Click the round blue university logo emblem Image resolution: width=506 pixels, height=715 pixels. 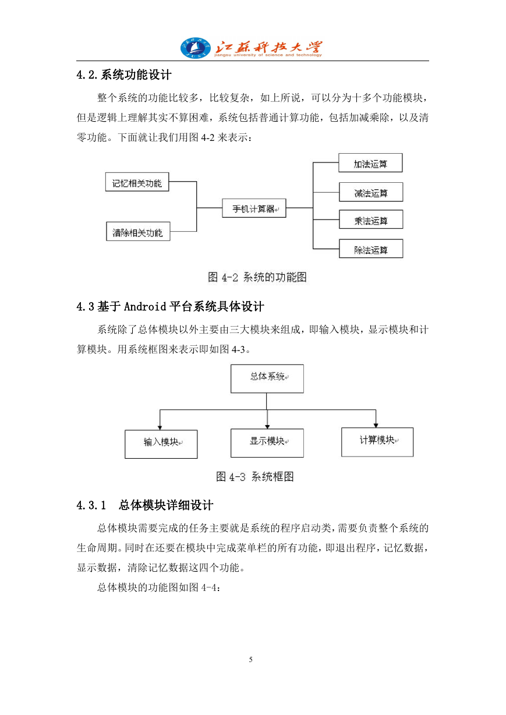pyautogui.click(x=196, y=48)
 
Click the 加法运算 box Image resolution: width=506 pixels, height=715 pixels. pyautogui.click(x=370, y=163)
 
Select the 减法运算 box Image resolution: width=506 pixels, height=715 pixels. pyautogui.click(x=371, y=192)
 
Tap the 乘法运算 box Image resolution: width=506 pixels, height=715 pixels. pyautogui.click(x=371, y=220)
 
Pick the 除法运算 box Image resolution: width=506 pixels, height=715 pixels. pyautogui.click(x=371, y=249)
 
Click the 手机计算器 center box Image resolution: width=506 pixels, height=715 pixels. pyautogui.click(x=254, y=208)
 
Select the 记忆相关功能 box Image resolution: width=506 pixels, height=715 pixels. pyautogui.click(x=137, y=182)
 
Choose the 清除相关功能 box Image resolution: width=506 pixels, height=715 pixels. pyautogui.click(x=138, y=231)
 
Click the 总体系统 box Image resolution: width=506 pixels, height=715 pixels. pyautogui.click(x=267, y=378)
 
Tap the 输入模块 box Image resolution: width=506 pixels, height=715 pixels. pyautogui.click(x=161, y=444)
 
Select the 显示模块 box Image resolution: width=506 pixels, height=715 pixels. pyautogui.click(x=267, y=443)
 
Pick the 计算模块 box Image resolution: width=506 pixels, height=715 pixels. pyautogui.click(x=377, y=442)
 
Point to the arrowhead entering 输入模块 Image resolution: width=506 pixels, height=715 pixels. pyautogui.click(x=160, y=428)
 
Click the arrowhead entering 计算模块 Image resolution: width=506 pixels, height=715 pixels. pyautogui.click(x=376, y=426)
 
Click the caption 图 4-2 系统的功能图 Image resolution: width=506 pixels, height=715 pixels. pyautogui.click(x=257, y=277)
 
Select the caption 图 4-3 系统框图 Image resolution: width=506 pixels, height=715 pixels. pyautogui.click(x=255, y=477)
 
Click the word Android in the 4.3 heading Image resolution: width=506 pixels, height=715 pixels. pyautogui.click(x=145, y=306)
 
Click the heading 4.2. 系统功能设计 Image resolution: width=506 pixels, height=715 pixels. pyautogui.click(x=124, y=75)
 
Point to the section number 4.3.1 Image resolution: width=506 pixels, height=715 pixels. pyautogui.click(x=91, y=505)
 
